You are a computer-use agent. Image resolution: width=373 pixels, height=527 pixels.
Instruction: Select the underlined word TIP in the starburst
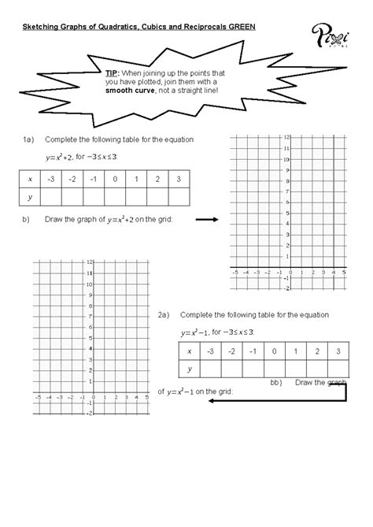pos(111,72)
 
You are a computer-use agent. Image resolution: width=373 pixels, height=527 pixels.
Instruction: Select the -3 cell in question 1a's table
pos(50,180)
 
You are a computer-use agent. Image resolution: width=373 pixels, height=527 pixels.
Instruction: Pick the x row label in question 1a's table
pos(29,180)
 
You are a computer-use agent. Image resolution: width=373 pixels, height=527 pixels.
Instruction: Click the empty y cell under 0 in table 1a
pos(115,198)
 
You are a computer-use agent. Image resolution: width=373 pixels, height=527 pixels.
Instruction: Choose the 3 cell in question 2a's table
pos(337,351)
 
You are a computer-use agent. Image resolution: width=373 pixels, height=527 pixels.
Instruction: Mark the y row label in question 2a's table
pos(190,369)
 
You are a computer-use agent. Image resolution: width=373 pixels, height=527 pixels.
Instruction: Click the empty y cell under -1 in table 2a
pos(252,369)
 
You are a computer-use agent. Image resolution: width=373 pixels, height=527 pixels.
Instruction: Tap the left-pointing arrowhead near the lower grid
pos(212,399)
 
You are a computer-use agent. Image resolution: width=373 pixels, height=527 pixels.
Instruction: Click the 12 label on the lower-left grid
pos(90,261)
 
